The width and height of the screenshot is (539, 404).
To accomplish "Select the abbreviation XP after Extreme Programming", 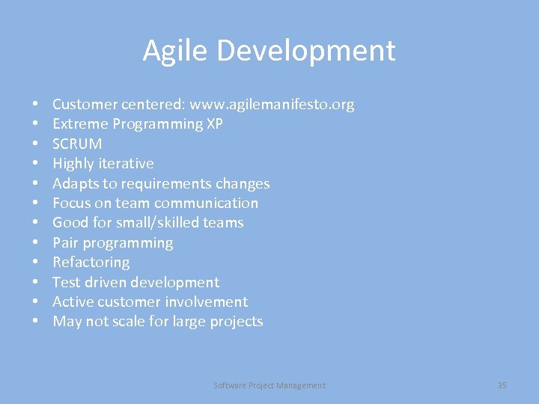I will tap(214, 124).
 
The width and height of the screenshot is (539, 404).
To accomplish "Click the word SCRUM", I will tap(77, 144).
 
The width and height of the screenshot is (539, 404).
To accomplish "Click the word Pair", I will tap(65, 242).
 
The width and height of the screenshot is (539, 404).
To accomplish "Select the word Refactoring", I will tap(91, 262).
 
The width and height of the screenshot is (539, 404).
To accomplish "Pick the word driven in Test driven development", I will tap(106, 282).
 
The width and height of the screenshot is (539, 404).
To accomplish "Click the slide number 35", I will tap(502, 385).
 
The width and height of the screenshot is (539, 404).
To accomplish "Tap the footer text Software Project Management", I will tap(269, 385).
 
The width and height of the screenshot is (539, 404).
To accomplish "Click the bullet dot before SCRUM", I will tap(35, 144).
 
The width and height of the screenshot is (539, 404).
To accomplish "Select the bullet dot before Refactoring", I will tap(35, 263).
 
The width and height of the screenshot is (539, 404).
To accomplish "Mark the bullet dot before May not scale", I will tap(35, 322).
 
